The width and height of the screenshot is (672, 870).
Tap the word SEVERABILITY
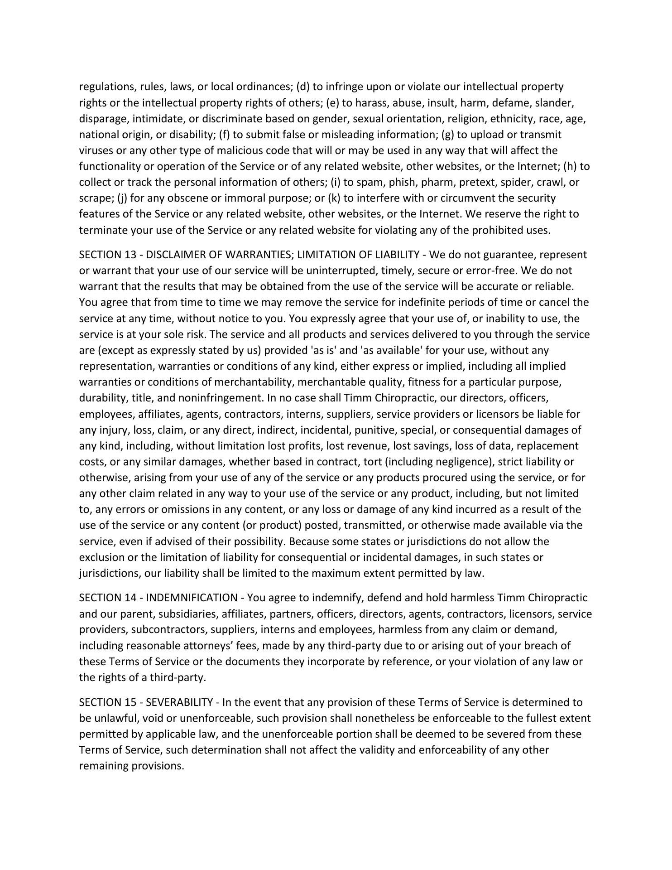pyautogui.click(x=179, y=702)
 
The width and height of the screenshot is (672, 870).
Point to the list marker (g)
pyautogui.click(x=447, y=135)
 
